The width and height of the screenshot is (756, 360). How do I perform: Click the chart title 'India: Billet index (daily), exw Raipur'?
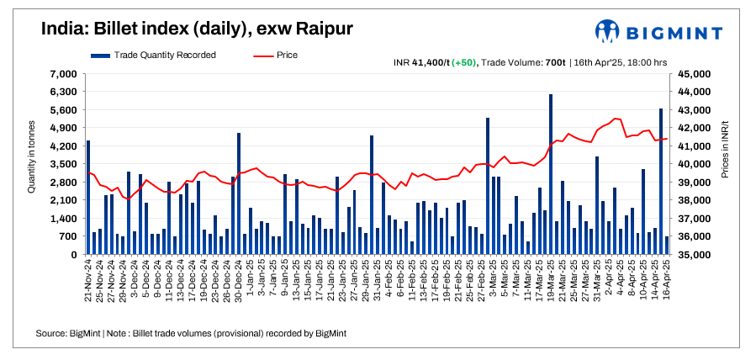[x=197, y=29]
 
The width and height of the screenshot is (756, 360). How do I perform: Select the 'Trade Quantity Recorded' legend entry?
[x=154, y=55]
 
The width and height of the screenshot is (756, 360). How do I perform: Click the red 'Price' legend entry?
[x=274, y=55]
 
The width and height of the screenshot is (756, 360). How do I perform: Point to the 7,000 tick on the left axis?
[x=63, y=74]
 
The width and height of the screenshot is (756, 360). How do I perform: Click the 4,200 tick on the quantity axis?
[x=63, y=146]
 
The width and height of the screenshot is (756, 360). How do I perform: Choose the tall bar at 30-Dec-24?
[x=239, y=193]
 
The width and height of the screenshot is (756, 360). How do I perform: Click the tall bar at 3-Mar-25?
[x=488, y=185]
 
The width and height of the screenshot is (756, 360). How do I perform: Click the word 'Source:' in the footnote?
[x=52, y=334]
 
